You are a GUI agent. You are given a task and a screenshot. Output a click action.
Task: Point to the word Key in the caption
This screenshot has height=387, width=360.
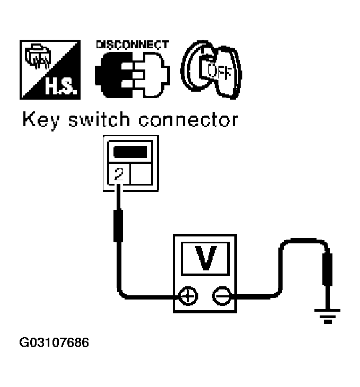41,120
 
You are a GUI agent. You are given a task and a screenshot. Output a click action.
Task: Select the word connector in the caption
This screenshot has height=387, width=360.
189,120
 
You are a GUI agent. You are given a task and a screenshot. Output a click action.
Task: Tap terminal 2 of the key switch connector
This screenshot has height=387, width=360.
119,174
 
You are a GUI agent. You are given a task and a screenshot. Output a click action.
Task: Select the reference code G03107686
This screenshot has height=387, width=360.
54,342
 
